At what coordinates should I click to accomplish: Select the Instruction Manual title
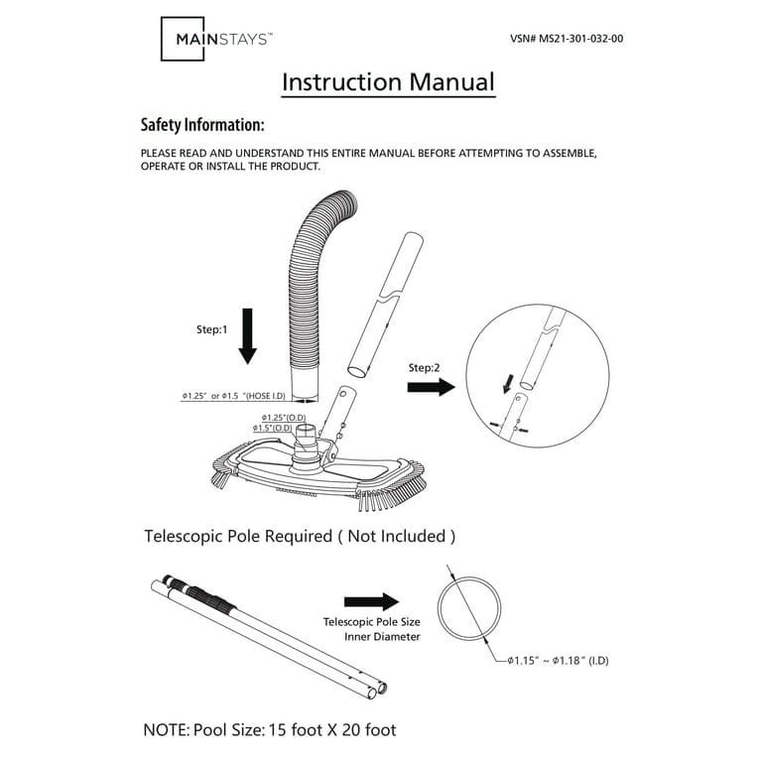388,81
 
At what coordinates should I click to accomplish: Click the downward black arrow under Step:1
248,335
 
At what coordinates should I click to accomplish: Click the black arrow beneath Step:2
430,386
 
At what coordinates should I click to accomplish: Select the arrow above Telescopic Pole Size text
370,601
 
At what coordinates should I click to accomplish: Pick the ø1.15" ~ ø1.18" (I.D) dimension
558,659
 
